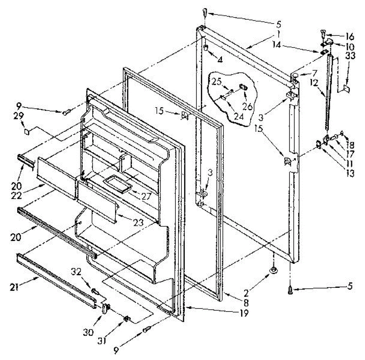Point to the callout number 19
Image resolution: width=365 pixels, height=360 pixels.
pos(244,312)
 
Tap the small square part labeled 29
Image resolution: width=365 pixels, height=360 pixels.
pos(27,132)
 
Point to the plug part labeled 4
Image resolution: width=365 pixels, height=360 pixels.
pos(206,47)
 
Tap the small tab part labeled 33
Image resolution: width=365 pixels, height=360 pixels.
pos(346,88)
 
